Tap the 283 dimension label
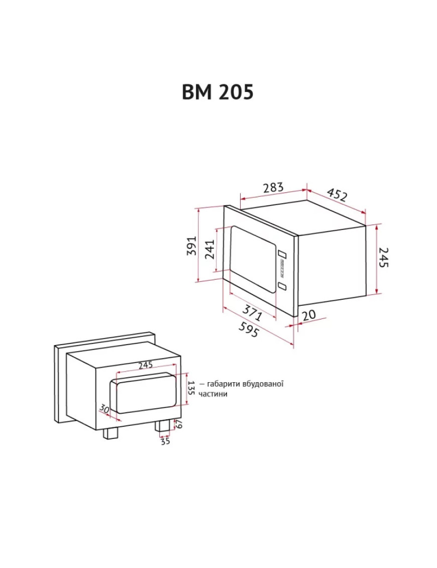[x=273, y=187]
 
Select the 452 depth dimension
[x=337, y=194]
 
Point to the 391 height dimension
[x=191, y=246]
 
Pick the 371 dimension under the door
[x=252, y=312]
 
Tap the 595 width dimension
[x=249, y=330]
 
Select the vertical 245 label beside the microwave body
[x=383, y=257]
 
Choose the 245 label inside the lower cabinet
[x=146, y=365]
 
